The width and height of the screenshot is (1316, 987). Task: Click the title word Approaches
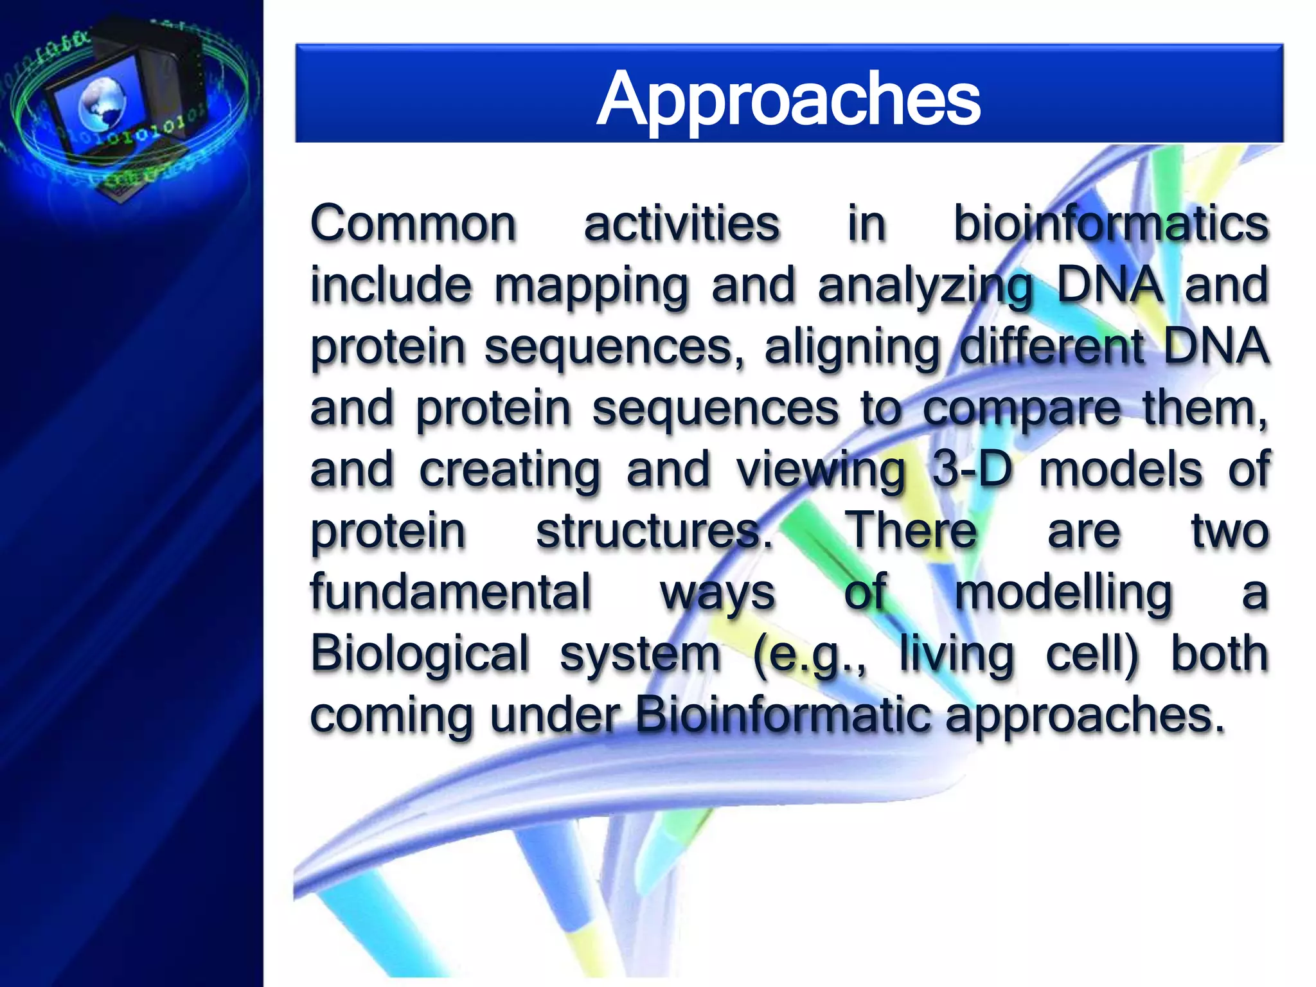click(788, 100)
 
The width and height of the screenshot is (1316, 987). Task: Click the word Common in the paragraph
click(413, 224)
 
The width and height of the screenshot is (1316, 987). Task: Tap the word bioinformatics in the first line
click(1110, 224)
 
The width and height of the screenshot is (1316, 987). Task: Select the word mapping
click(591, 286)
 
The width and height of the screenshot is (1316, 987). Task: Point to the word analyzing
click(926, 286)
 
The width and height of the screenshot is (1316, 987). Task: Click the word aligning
click(852, 348)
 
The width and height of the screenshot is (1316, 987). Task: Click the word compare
click(1022, 409)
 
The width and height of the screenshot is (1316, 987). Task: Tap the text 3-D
click(972, 469)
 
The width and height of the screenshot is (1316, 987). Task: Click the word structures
click(654, 531)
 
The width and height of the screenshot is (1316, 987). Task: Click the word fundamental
click(450, 592)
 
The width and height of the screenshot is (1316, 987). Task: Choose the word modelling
click(1063, 593)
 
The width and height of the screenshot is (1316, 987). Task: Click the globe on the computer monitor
click(102, 103)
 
